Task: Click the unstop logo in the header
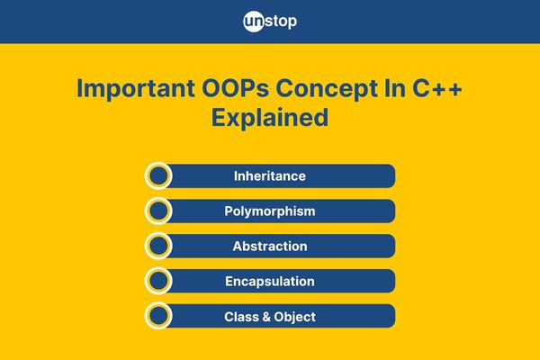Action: [270, 22]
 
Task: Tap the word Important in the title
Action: [136, 89]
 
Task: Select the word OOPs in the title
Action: [235, 89]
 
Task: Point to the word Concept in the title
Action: [326, 89]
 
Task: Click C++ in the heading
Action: [437, 88]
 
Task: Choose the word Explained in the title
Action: [270, 118]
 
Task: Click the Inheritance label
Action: [270, 176]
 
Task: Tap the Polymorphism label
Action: [270, 211]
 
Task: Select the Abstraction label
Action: [270, 246]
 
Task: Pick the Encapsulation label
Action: [270, 282]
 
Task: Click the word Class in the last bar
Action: [241, 317]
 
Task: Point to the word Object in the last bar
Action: [295, 317]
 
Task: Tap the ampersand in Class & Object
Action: [266, 317]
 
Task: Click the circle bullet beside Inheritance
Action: [158, 175]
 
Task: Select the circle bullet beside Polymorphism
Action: [158, 211]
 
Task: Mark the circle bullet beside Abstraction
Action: [158, 246]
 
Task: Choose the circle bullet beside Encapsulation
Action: [158, 281]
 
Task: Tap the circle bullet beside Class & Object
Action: [158, 316]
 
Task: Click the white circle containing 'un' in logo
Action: [254, 22]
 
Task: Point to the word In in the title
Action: [395, 88]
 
